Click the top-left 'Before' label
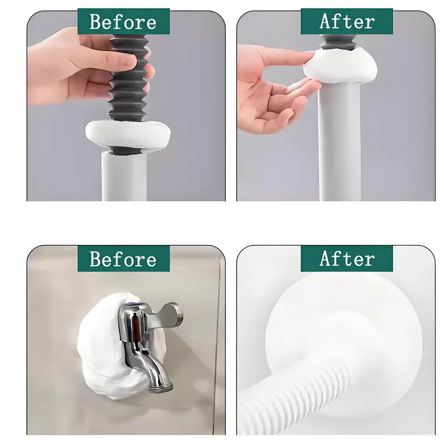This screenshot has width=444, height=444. [123, 21]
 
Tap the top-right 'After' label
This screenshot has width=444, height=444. [346, 21]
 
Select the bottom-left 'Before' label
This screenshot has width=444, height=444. [123, 259]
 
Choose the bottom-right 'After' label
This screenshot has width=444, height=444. [346, 259]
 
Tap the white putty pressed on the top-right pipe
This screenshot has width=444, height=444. [340, 67]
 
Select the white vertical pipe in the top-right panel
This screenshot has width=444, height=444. [339, 142]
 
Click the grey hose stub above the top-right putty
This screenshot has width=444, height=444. [337, 43]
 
